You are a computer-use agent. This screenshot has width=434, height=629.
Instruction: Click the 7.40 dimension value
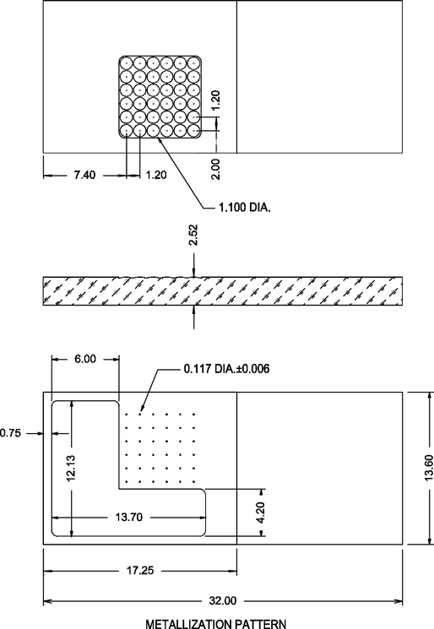(85, 175)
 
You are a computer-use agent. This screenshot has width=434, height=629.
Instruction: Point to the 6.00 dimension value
(85, 358)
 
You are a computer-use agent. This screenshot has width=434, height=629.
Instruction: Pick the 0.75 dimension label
(11, 432)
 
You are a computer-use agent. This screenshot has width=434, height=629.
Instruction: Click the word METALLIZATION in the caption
(191, 623)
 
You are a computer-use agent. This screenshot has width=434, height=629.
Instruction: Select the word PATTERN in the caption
(263, 623)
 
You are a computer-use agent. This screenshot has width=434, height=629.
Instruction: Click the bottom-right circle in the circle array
(194, 131)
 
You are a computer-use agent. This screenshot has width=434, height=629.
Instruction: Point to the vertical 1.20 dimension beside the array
(215, 101)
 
